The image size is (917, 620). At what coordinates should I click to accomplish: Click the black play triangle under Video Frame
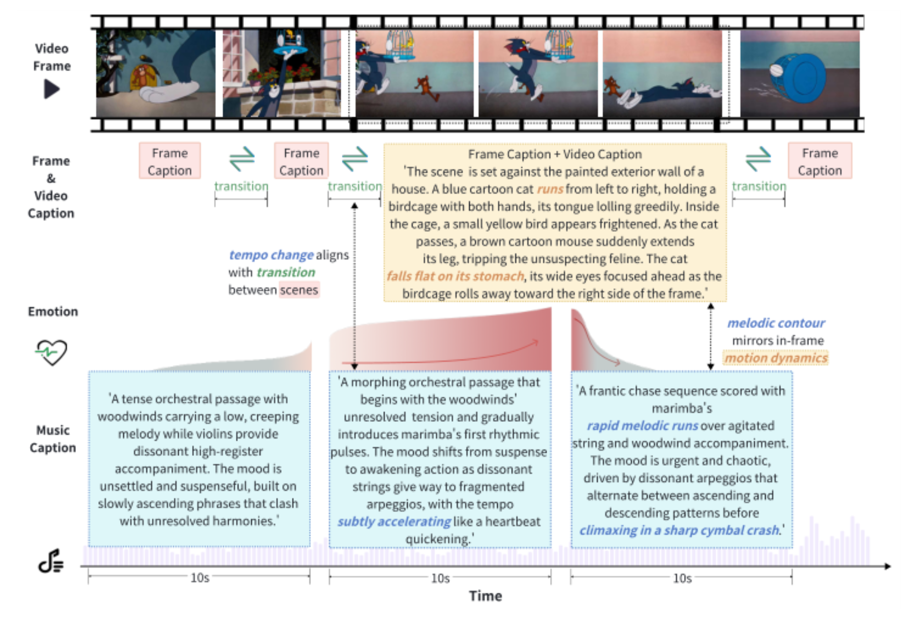click(x=51, y=89)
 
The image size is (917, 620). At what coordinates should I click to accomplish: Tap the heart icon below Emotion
click(x=51, y=352)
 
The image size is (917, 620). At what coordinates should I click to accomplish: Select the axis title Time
click(x=486, y=596)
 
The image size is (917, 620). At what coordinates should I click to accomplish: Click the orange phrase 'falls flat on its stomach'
click(x=455, y=276)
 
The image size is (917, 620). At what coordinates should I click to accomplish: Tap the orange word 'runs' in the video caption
click(x=550, y=189)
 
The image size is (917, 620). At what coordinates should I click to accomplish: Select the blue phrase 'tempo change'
click(x=271, y=255)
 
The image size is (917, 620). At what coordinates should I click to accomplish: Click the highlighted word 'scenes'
click(x=299, y=290)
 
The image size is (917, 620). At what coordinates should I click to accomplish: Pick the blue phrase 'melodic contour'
click(x=776, y=323)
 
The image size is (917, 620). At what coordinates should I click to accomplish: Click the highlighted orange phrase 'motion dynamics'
click(x=776, y=358)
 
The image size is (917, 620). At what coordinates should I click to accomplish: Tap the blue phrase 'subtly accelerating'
click(x=394, y=522)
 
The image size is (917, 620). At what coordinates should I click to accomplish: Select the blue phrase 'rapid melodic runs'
click(x=642, y=426)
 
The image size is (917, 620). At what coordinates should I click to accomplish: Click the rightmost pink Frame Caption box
click(x=820, y=161)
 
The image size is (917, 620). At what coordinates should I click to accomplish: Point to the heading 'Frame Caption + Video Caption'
click(x=555, y=154)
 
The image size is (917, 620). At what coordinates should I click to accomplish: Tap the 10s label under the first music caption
click(x=200, y=578)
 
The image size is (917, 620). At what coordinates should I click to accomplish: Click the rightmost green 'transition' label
click(x=759, y=186)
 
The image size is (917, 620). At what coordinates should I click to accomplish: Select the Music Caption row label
click(x=52, y=439)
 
